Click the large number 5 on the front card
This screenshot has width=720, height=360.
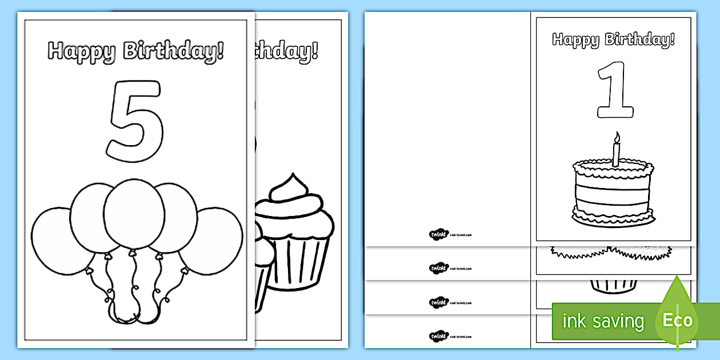tap(136, 120)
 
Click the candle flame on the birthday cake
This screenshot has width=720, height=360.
tap(615, 137)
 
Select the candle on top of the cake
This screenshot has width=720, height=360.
tap(615, 153)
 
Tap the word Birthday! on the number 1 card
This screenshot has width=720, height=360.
tap(641, 39)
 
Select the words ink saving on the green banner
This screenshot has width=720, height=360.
tap(603, 321)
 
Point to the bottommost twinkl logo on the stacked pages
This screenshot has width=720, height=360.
tap(438, 334)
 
